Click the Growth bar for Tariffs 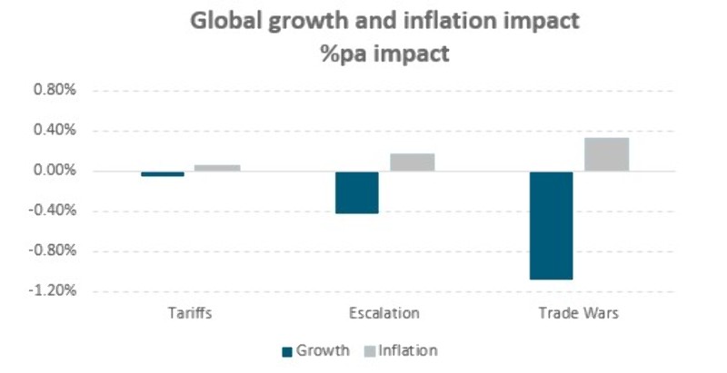[163, 173]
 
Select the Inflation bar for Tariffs [217, 168]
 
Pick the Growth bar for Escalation [357, 192]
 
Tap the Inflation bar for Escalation [413, 162]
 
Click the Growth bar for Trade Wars [552, 225]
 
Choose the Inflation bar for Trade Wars [606, 154]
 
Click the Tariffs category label [190, 314]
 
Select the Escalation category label [384, 314]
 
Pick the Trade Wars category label [579, 314]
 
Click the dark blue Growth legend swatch [289, 350]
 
